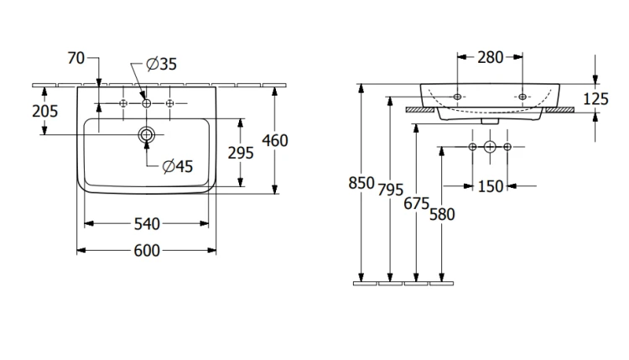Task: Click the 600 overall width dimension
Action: [147, 251]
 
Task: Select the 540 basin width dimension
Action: [147, 224]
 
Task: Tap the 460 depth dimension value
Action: [275, 141]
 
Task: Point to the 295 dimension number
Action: [241, 153]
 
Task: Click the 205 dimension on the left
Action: [45, 111]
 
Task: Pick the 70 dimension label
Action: [76, 58]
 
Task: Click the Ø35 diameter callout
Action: [162, 64]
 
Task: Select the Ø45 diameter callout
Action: [178, 166]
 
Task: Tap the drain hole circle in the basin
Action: [147, 134]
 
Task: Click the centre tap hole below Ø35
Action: [147, 103]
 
